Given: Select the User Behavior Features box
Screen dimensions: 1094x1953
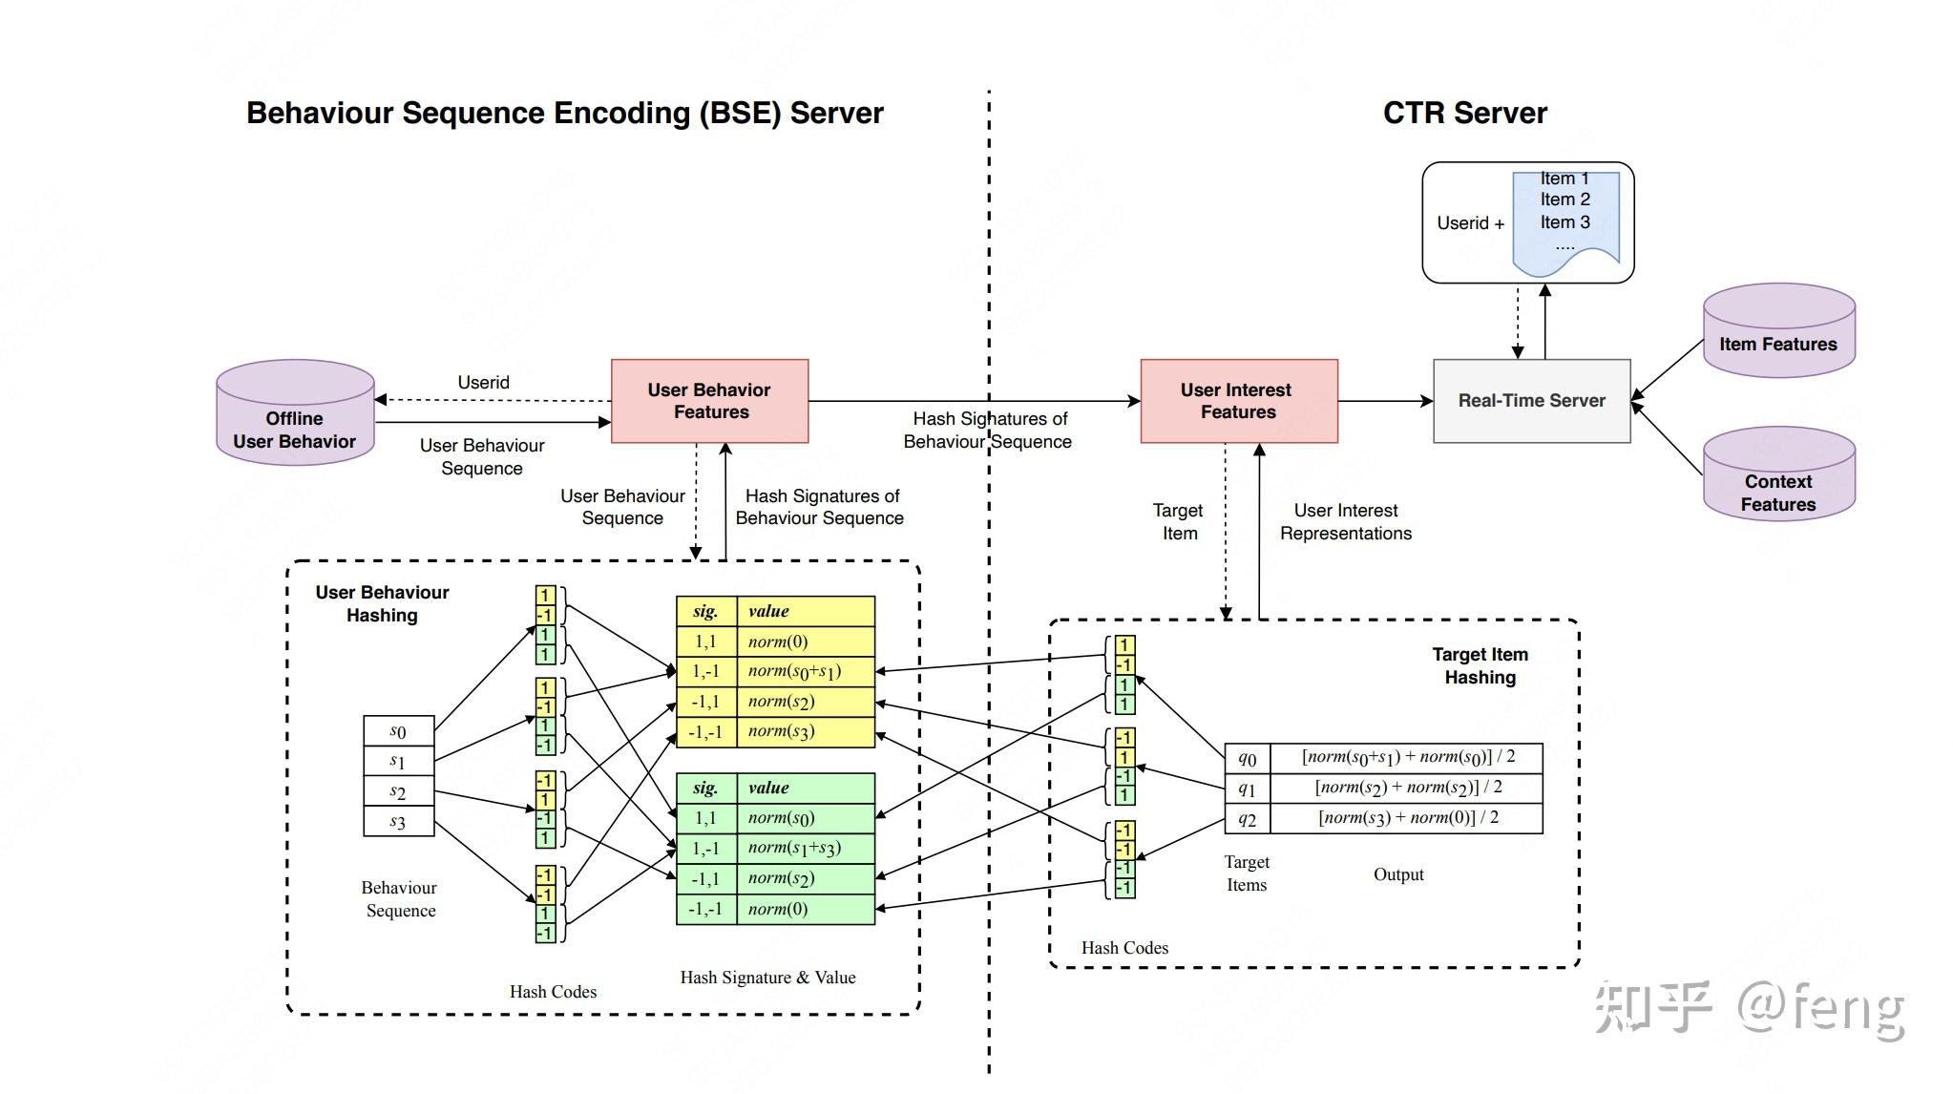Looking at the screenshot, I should pos(710,401).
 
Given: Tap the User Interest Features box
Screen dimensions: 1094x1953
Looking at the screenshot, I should pos(1238,401).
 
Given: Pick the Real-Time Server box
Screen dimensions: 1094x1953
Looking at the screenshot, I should pos(1531,401).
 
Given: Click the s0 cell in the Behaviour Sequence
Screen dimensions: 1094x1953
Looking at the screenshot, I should pos(398,731).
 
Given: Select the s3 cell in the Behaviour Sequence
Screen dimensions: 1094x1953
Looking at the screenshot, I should pos(398,822).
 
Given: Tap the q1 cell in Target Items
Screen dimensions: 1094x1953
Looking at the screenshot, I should pos(1247,789).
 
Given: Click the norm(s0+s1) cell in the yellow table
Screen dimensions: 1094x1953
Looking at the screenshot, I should pos(805,671).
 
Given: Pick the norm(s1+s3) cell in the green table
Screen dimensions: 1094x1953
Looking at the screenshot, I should pos(805,848).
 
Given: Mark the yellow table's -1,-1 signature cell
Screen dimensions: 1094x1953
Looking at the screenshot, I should pos(705,731).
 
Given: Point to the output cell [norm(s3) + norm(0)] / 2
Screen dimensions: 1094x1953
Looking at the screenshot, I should pos(1407,818).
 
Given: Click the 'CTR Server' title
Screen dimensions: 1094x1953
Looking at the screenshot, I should pos(1464,113).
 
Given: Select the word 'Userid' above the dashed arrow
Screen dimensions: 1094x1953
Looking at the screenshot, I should pos(483,382).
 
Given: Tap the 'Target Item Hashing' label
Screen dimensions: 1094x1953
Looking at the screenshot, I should pos(1480,665).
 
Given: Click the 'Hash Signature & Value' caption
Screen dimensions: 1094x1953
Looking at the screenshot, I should pos(767,978).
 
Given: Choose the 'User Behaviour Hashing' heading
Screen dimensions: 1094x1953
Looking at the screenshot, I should pos(382,603).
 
